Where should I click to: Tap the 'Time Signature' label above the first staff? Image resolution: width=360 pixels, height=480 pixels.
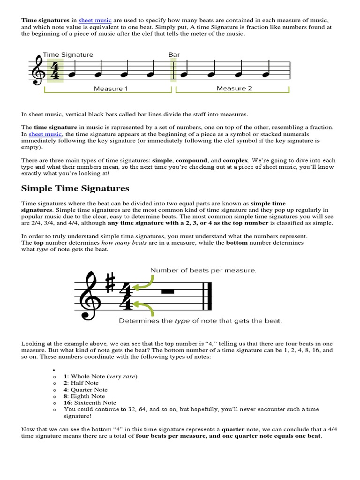pyautogui.click(x=68, y=55)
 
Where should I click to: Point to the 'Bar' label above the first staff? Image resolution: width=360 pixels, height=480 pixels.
pyautogui.click(x=173, y=55)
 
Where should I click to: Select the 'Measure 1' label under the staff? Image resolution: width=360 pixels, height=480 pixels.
pyautogui.click(x=111, y=89)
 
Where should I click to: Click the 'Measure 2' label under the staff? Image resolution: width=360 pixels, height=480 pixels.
pyautogui.click(x=234, y=88)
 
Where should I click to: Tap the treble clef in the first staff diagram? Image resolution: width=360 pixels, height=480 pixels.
pyautogui.click(x=37, y=72)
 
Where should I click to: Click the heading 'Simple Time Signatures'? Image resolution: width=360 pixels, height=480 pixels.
pyautogui.click(x=75, y=188)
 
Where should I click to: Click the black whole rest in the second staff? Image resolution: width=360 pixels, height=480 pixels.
pyautogui.click(x=167, y=292)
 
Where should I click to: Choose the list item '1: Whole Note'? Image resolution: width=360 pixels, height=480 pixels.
pyautogui.click(x=100, y=376)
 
